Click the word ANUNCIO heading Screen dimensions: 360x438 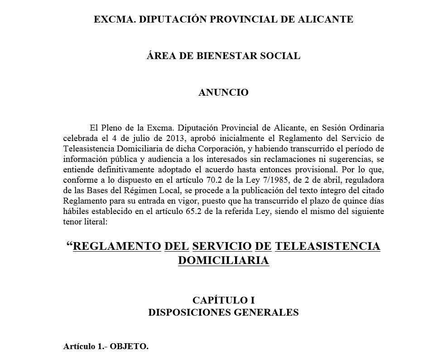[x=224, y=92]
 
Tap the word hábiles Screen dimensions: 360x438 [x=77, y=212]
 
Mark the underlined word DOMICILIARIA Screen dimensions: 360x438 [x=223, y=261]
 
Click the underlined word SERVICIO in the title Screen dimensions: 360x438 [x=222, y=246]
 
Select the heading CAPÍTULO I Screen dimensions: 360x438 [x=223, y=300]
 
